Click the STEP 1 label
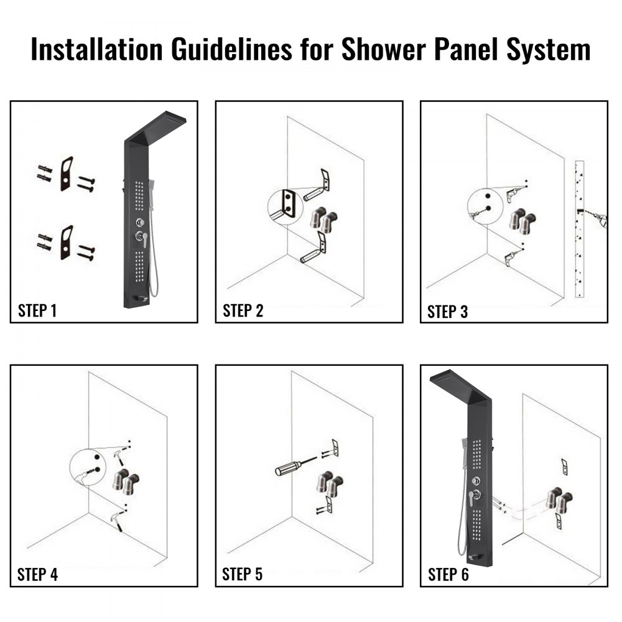(37, 310)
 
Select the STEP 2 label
(243, 310)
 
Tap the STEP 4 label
(37, 574)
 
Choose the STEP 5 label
(243, 574)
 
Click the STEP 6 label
(448, 574)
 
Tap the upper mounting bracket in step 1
(67, 174)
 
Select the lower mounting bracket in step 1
(67, 243)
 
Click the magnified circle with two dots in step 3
(485, 205)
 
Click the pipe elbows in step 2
(324, 221)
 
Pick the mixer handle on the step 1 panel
(143, 239)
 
